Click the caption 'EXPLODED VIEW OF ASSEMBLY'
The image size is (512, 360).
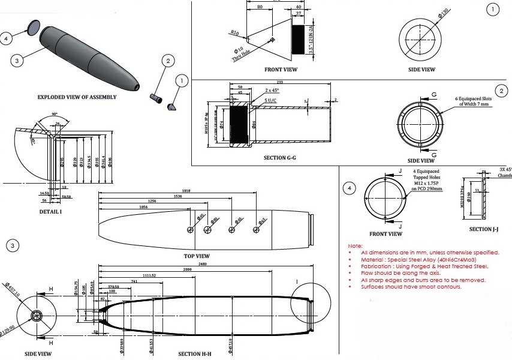pyautogui.click(x=77, y=97)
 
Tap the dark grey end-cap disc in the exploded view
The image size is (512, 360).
pyautogui.click(x=34, y=26)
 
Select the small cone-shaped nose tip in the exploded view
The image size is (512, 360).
pyautogui.click(x=172, y=106)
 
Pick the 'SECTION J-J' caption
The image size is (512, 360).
pyautogui.click(x=484, y=229)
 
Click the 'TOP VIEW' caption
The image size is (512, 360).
pyautogui.click(x=196, y=256)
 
